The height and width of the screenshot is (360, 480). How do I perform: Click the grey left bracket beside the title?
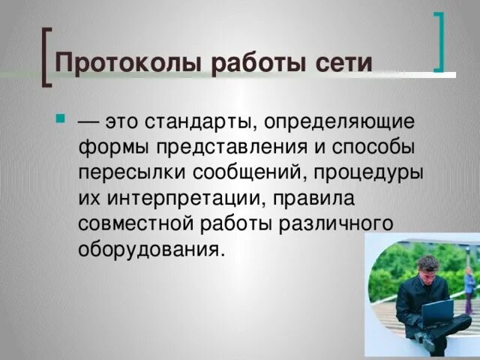[x=47, y=56]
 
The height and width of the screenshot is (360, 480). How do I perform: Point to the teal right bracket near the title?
[x=439, y=41]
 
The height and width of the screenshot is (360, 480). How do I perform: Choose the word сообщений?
[x=249, y=172]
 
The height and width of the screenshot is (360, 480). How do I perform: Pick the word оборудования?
[x=150, y=249]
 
